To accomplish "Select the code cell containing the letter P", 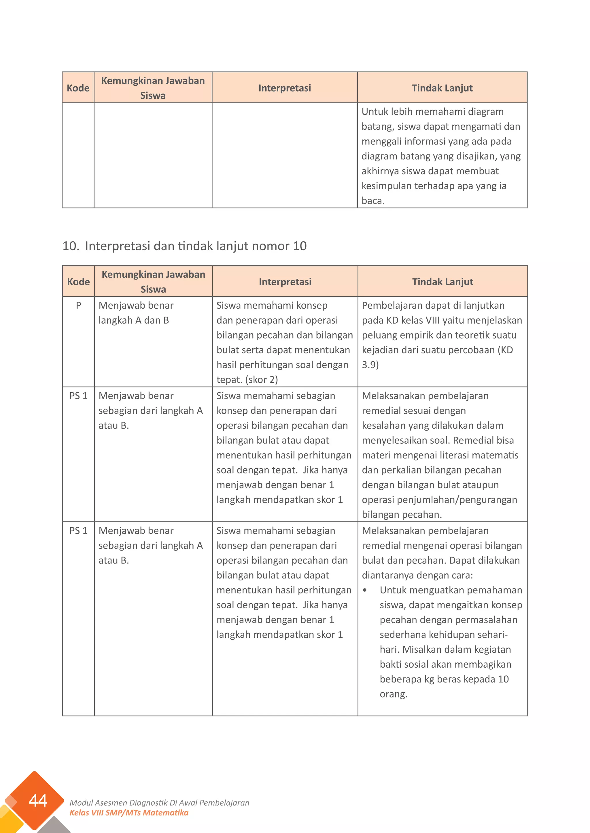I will tap(78, 305).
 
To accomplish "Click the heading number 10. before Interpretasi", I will tap(71, 246).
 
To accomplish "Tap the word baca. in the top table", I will tap(373, 201).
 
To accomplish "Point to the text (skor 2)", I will tap(262, 379).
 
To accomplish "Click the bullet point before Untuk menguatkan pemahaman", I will tap(365, 591).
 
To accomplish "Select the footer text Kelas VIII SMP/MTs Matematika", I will tap(129, 813).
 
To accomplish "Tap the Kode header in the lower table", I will tap(78, 282).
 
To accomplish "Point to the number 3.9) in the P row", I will tap(370, 365).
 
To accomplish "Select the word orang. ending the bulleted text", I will tap(394, 694).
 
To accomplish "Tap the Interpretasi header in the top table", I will tap(284, 88).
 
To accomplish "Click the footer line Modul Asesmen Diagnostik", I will tap(159, 803).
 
